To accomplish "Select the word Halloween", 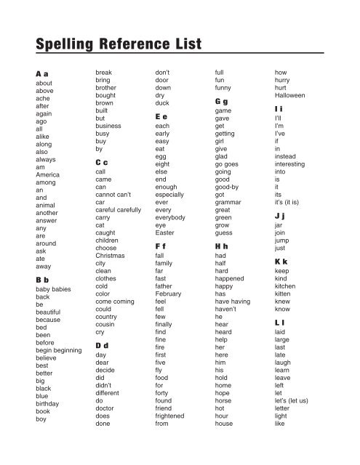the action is tap(290, 95).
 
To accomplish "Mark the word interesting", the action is tap(293, 166).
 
